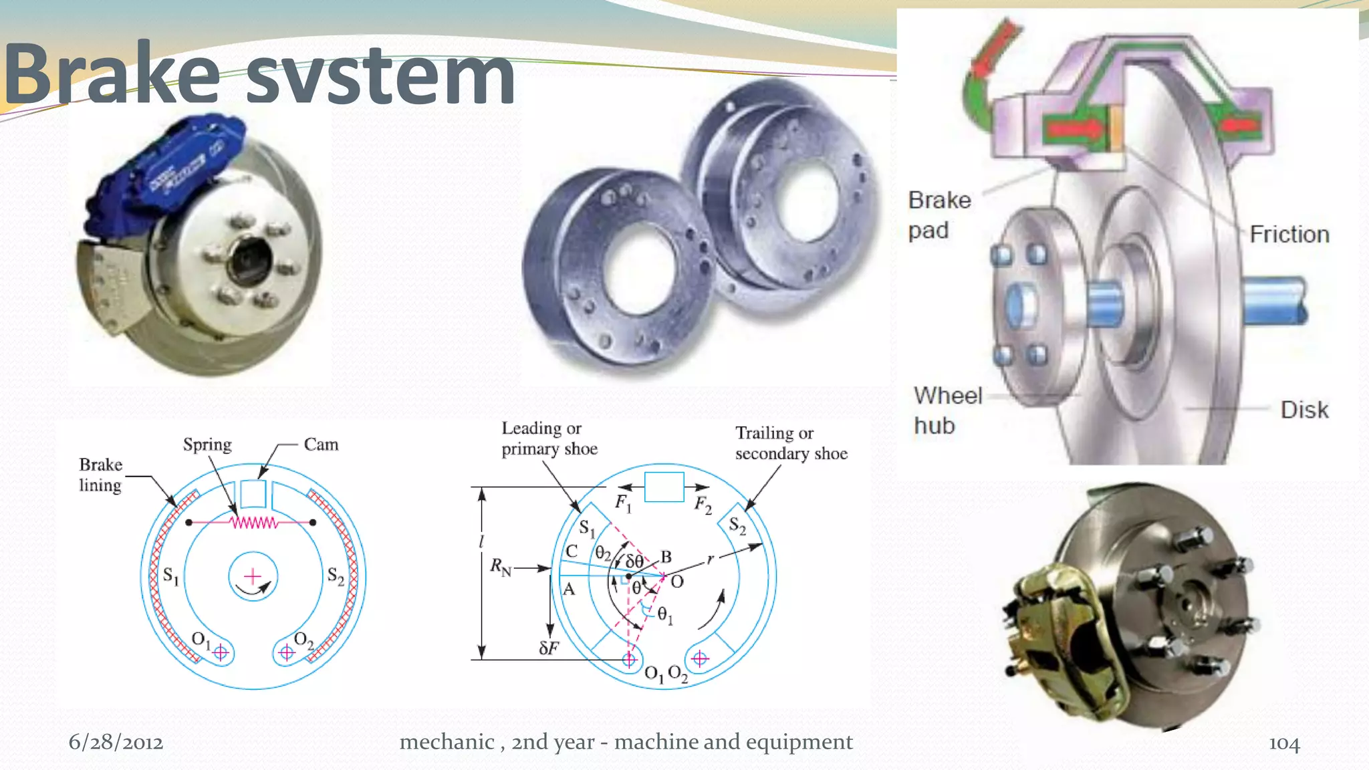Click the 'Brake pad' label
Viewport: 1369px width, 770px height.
(939, 215)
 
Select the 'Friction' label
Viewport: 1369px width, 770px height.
(1289, 235)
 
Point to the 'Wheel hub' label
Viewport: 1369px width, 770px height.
(947, 410)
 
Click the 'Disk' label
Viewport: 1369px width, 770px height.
(1303, 410)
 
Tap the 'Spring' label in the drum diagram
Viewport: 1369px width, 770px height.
(207, 444)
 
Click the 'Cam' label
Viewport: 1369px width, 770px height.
(321, 444)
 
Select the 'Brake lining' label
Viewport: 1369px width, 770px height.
(100, 475)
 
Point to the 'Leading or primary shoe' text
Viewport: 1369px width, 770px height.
(549, 438)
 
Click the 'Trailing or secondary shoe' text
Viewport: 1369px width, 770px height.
(791, 443)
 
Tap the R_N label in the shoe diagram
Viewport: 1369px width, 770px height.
(500, 567)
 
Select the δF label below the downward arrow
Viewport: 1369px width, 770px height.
(548, 648)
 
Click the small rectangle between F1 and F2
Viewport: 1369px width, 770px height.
(664, 487)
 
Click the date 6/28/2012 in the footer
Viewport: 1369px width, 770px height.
(116, 743)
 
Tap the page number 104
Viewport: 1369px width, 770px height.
(1284, 743)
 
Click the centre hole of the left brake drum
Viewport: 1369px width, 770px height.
(638, 267)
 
